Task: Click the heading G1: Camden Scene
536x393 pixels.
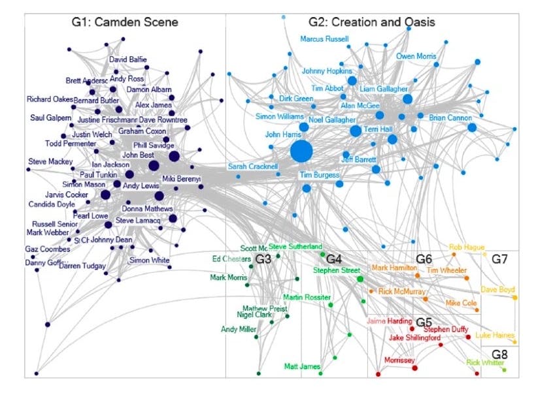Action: (125, 23)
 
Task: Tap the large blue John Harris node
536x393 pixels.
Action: (301, 151)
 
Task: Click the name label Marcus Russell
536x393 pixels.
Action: (325, 39)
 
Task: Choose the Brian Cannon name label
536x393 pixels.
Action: (450, 118)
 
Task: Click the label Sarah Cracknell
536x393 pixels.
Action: (253, 166)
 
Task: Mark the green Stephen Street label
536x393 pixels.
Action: (337, 269)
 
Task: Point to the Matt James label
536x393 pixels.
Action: (302, 366)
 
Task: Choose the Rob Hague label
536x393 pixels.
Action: (466, 247)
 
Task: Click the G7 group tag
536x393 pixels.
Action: (499, 259)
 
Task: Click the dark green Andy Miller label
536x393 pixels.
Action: (238, 330)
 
